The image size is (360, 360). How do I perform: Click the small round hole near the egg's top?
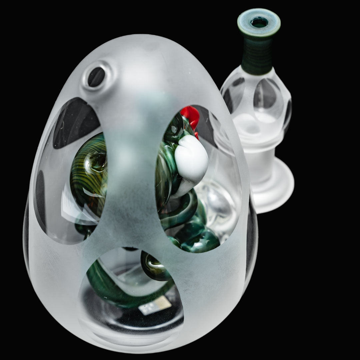(x=96, y=77)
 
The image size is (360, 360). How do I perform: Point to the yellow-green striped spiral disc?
(x=87, y=173)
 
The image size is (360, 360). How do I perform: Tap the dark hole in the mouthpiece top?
(x=259, y=23)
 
